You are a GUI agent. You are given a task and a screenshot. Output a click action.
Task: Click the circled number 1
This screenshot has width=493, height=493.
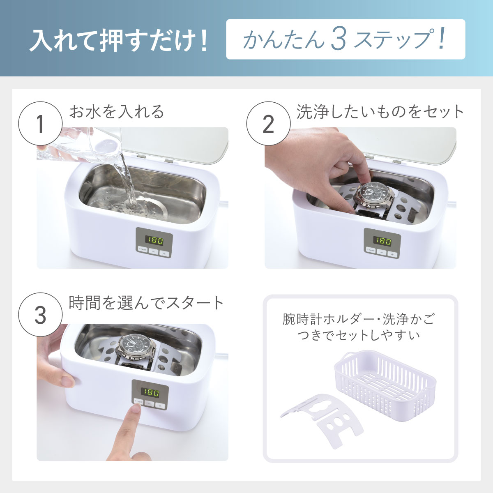click(x=40, y=124)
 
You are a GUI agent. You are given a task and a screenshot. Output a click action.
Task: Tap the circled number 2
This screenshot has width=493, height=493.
click(x=268, y=124)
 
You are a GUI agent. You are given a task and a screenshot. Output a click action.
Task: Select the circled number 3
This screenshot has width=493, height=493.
click(x=40, y=315)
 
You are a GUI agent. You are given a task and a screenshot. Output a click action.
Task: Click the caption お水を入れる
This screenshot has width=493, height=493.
click(x=117, y=112)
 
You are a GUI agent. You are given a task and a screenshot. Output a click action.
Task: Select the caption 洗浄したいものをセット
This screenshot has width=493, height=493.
click(x=380, y=112)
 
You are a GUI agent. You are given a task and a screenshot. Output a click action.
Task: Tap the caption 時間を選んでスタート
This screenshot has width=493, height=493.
click(x=146, y=303)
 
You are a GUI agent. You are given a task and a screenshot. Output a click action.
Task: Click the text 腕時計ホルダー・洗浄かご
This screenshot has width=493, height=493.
click(x=358, y=319)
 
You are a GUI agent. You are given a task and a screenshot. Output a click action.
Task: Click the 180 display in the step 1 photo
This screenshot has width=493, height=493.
click(x=154, y=240)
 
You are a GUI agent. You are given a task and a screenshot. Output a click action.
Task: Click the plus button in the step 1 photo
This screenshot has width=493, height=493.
click(x=164, y=253)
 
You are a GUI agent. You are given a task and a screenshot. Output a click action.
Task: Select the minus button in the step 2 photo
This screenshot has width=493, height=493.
click(x=382, y=253)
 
